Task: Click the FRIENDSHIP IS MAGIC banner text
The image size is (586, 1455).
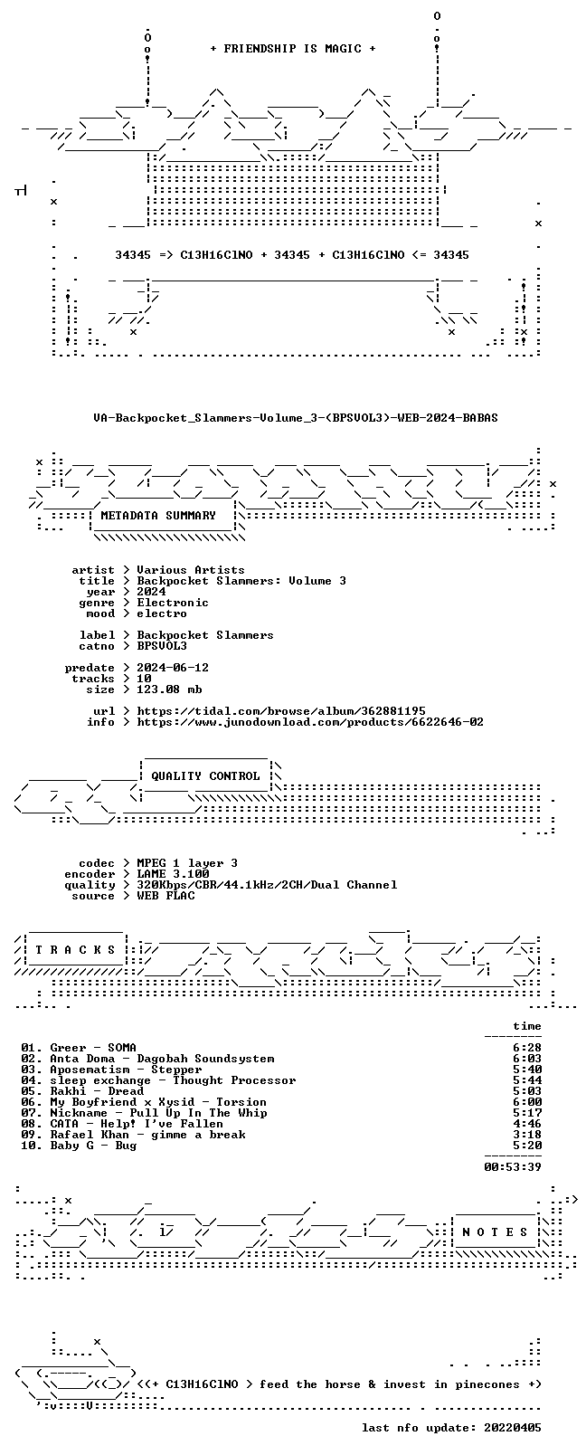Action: coord(293,49)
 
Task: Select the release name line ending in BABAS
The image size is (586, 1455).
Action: coord(296,418)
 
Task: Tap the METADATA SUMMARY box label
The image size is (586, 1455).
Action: coord(158,515)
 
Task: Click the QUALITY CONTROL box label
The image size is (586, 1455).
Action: coord(205,775)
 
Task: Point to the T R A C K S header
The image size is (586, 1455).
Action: coord(75,950)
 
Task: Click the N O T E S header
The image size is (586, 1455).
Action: coord(495,1232)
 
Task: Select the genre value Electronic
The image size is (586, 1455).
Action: coord(173,602)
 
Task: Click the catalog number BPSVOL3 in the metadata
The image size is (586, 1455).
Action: coord(162,646)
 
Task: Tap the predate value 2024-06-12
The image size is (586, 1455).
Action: coord(173,667)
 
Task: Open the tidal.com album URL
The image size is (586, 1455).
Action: coord(281,710)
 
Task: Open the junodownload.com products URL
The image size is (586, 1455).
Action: coord(310,722)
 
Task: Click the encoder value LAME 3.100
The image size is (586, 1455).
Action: coord(173,874)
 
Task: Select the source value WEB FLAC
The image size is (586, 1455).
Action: coord(165,896)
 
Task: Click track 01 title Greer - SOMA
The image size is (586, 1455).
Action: coord(93,1047)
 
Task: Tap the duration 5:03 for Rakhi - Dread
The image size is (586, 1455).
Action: coord(527,1090)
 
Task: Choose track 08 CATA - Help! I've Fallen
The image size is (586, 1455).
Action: coord(137,1123)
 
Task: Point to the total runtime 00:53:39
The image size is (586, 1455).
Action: coord(513,1166)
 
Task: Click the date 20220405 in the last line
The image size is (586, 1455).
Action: coord(513,1427)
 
